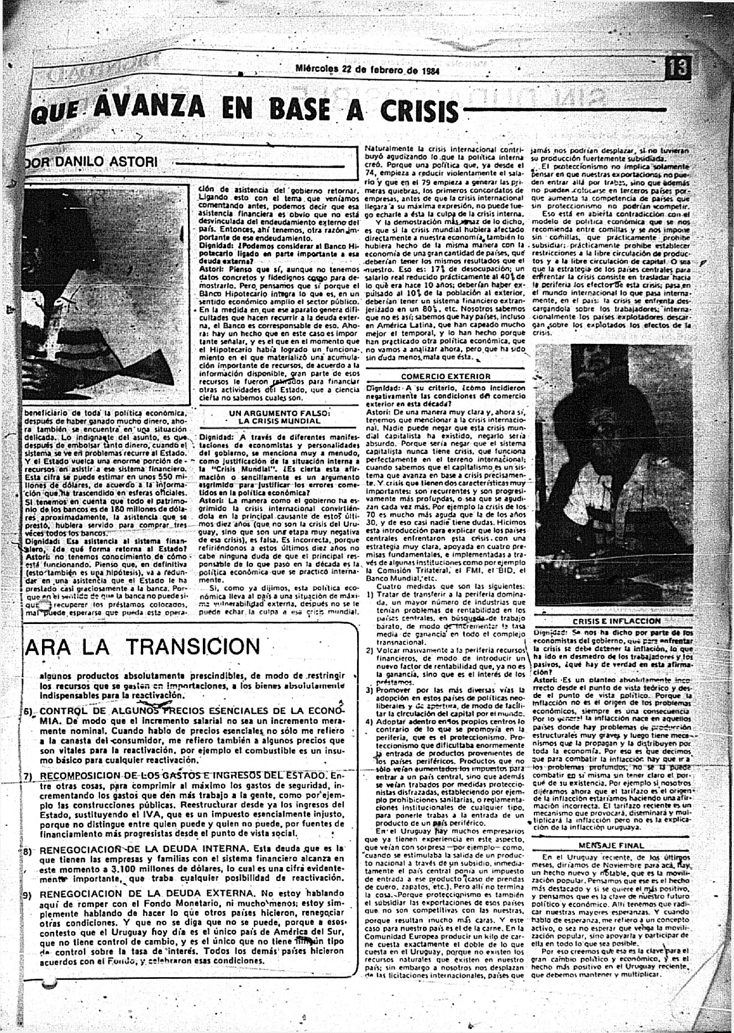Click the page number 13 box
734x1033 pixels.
tap(678, 69)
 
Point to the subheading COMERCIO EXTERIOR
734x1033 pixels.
tap(445, 376)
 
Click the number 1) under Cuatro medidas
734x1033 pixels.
tap(370, 595)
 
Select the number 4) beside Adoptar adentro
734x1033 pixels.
tap(370, 722)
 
